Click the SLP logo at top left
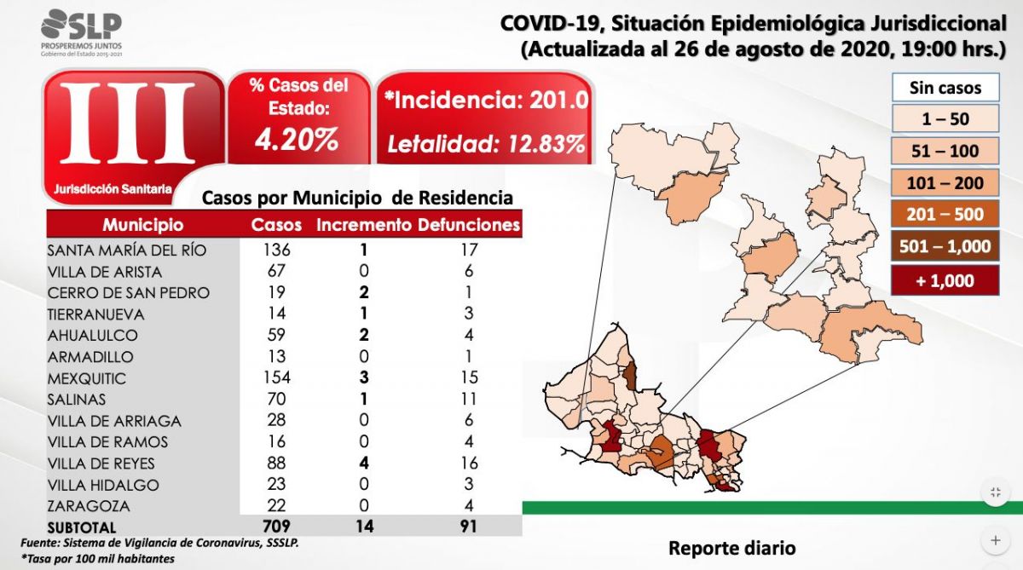[x=81, y=32]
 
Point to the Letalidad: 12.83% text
[x=486, y=142]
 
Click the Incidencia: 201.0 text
[x=486, y=100]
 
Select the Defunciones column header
[x=468, y=225]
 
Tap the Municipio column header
[x=142, y=225]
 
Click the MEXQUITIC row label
[x=86, y=378]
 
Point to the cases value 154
[x=276, y=378]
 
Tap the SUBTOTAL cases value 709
[x=276, y=527]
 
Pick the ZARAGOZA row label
[x=84, y=506]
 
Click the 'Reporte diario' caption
[x=731, y=547]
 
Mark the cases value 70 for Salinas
[x=276, y=400]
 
